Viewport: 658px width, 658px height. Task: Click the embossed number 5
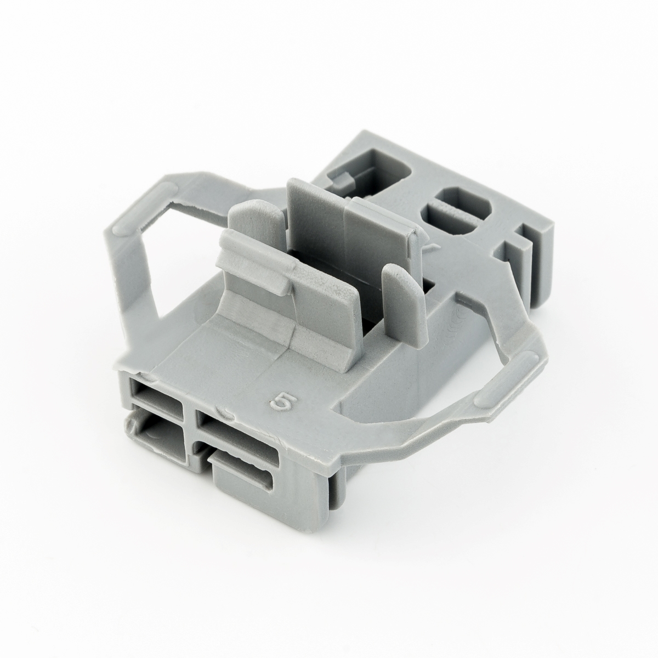282,404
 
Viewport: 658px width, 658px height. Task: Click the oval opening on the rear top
457,214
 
